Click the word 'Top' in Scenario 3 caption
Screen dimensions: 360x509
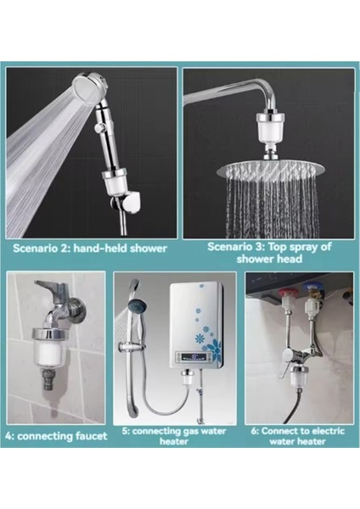[277, 247]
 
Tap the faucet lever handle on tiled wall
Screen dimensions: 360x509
[49, 287]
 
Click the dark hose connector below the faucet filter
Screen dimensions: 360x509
[48, 378]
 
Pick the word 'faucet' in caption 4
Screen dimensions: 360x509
[91, 436]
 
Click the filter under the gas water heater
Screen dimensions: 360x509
[188, 380]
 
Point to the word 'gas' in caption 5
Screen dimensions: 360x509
[191, 432]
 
